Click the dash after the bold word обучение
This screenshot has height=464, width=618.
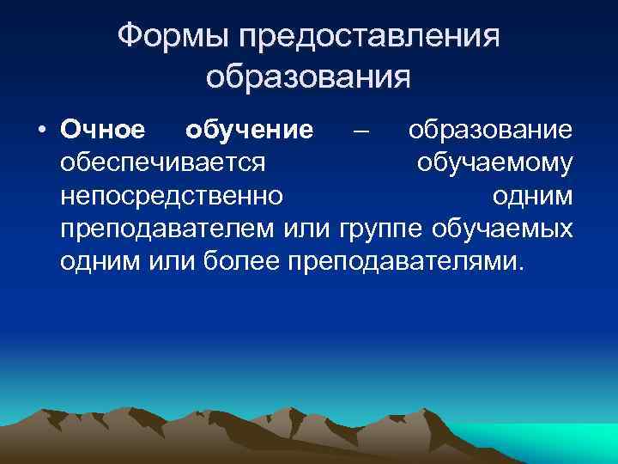(x=361, y=131)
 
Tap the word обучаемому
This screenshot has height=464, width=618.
(x=494, y=163)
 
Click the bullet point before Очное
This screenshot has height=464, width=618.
(x=40, y=131)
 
